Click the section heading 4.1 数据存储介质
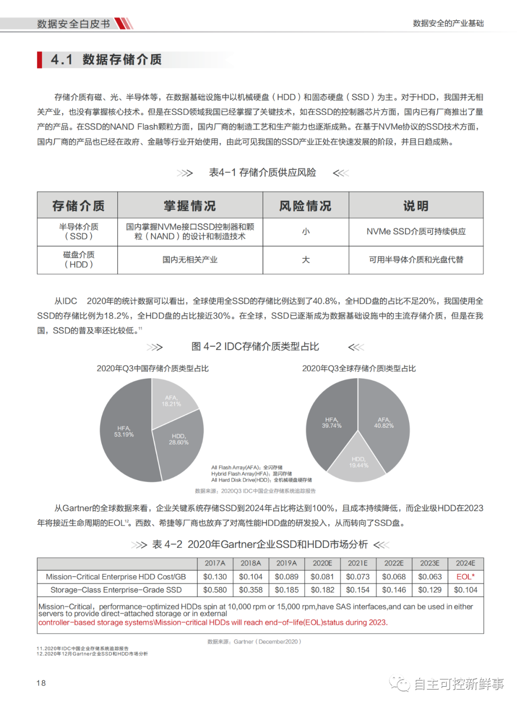[106, 60]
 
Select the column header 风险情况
[305, 206]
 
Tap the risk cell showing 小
[305, 232]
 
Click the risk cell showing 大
[305, 260]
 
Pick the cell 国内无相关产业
[190, 260]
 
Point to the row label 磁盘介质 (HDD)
[79, 260]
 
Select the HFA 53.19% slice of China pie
[124, 432]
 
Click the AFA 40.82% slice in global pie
[384, 423]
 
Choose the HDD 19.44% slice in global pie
[358, 462]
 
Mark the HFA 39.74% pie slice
[331, 423]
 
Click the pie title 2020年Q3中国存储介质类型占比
[152, 368]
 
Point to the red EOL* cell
[466, 577]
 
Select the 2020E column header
[322, 563]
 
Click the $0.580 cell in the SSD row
[215, 590]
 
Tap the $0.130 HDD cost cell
[215, 577]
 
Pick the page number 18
[41, 683]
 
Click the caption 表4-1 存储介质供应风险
[262, 173]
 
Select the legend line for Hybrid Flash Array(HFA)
[251, 474]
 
